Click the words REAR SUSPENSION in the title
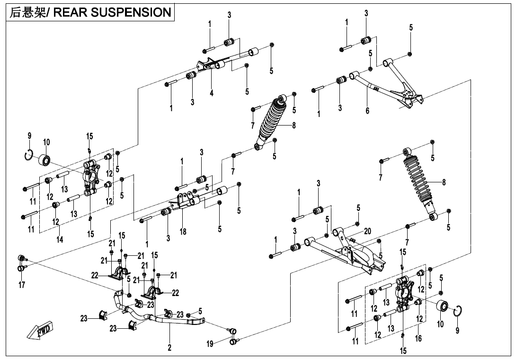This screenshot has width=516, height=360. [x=112, y=13]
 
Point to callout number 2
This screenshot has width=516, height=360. [x=169, y=348]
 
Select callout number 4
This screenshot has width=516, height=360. [x=212, y=93]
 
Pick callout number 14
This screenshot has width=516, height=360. [x=60, y=240]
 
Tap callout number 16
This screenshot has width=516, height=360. [x=418, y=339]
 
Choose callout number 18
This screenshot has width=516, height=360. [x=183, y=232]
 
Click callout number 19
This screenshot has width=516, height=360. [x=210, y=344]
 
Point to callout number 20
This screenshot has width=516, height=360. [x=367, y=231]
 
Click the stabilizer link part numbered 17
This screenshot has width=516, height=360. [x=21, y=263]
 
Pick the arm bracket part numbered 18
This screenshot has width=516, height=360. [x=187, y=200]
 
